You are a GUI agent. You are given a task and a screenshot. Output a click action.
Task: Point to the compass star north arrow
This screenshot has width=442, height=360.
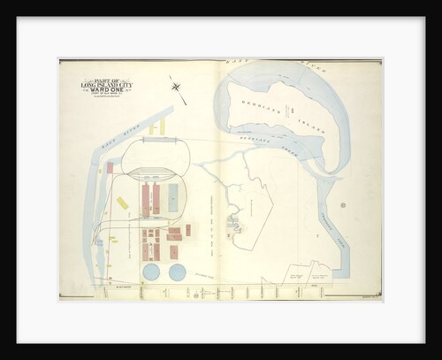tap(176, 87)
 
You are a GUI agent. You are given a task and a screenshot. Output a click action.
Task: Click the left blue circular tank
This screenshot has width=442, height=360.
tap(152, 272)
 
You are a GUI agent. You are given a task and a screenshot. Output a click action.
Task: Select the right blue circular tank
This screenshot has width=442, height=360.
tap(178, 272)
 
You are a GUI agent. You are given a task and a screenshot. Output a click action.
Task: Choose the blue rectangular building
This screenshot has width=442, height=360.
tap(173, 197)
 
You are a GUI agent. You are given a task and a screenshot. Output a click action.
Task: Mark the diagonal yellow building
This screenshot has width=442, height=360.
tap(122, 203)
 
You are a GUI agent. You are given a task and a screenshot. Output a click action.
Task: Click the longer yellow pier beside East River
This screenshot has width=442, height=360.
tap(162, 126)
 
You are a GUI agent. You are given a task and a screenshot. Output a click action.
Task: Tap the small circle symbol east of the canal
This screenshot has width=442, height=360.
tap(342, 205)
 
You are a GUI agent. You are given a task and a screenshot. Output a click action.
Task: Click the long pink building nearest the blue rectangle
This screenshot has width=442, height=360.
tap(156, 199)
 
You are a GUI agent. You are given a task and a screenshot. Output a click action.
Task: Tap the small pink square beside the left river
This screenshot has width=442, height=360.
tap(110, 167)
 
